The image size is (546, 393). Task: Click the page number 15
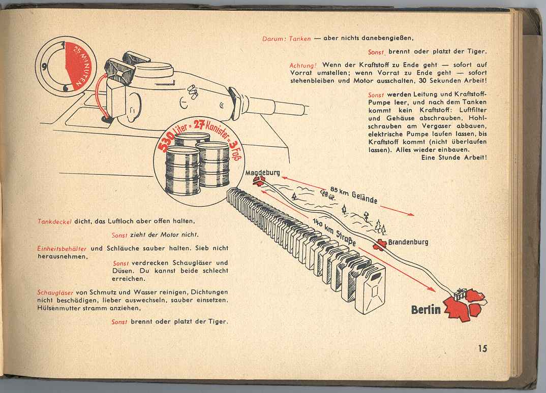[482, 348]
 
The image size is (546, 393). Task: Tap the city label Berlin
[426, 310]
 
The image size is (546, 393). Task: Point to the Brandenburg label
[408, 242]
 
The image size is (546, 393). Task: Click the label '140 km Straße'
[333, 232]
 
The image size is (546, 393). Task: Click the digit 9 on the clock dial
[45, 65]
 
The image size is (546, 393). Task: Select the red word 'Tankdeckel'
[55, 221]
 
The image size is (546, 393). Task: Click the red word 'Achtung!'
[303, 65]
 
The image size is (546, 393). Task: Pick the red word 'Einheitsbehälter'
[63, 249]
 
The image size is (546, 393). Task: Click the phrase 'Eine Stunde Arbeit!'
[454, 157]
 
